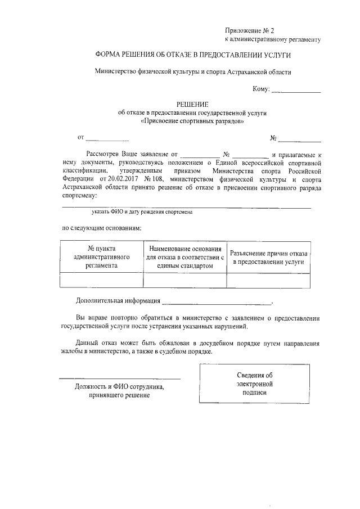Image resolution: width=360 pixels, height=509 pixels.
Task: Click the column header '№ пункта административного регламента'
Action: [101, 256]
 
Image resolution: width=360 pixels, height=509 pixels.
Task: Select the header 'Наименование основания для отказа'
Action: [185, 256]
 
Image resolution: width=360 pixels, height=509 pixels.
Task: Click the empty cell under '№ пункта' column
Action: [101, 280]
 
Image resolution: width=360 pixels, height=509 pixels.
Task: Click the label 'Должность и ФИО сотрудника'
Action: [119, 388]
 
